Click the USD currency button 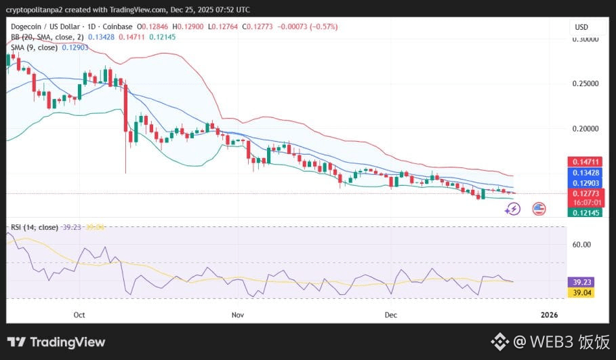(x=581, y=27)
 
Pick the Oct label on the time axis (x=79, y=315)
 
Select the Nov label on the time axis (x=237, y=315)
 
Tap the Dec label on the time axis (x=390, y=315)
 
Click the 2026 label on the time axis (x=549, y=315)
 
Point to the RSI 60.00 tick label (x=581, y=245)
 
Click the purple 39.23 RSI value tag (x=580, y=282)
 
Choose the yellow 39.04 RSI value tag (x=580, y=293)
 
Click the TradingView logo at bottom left (x=56, y=342)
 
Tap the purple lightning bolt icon (x=513, y=209)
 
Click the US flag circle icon (x=539, y=209)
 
